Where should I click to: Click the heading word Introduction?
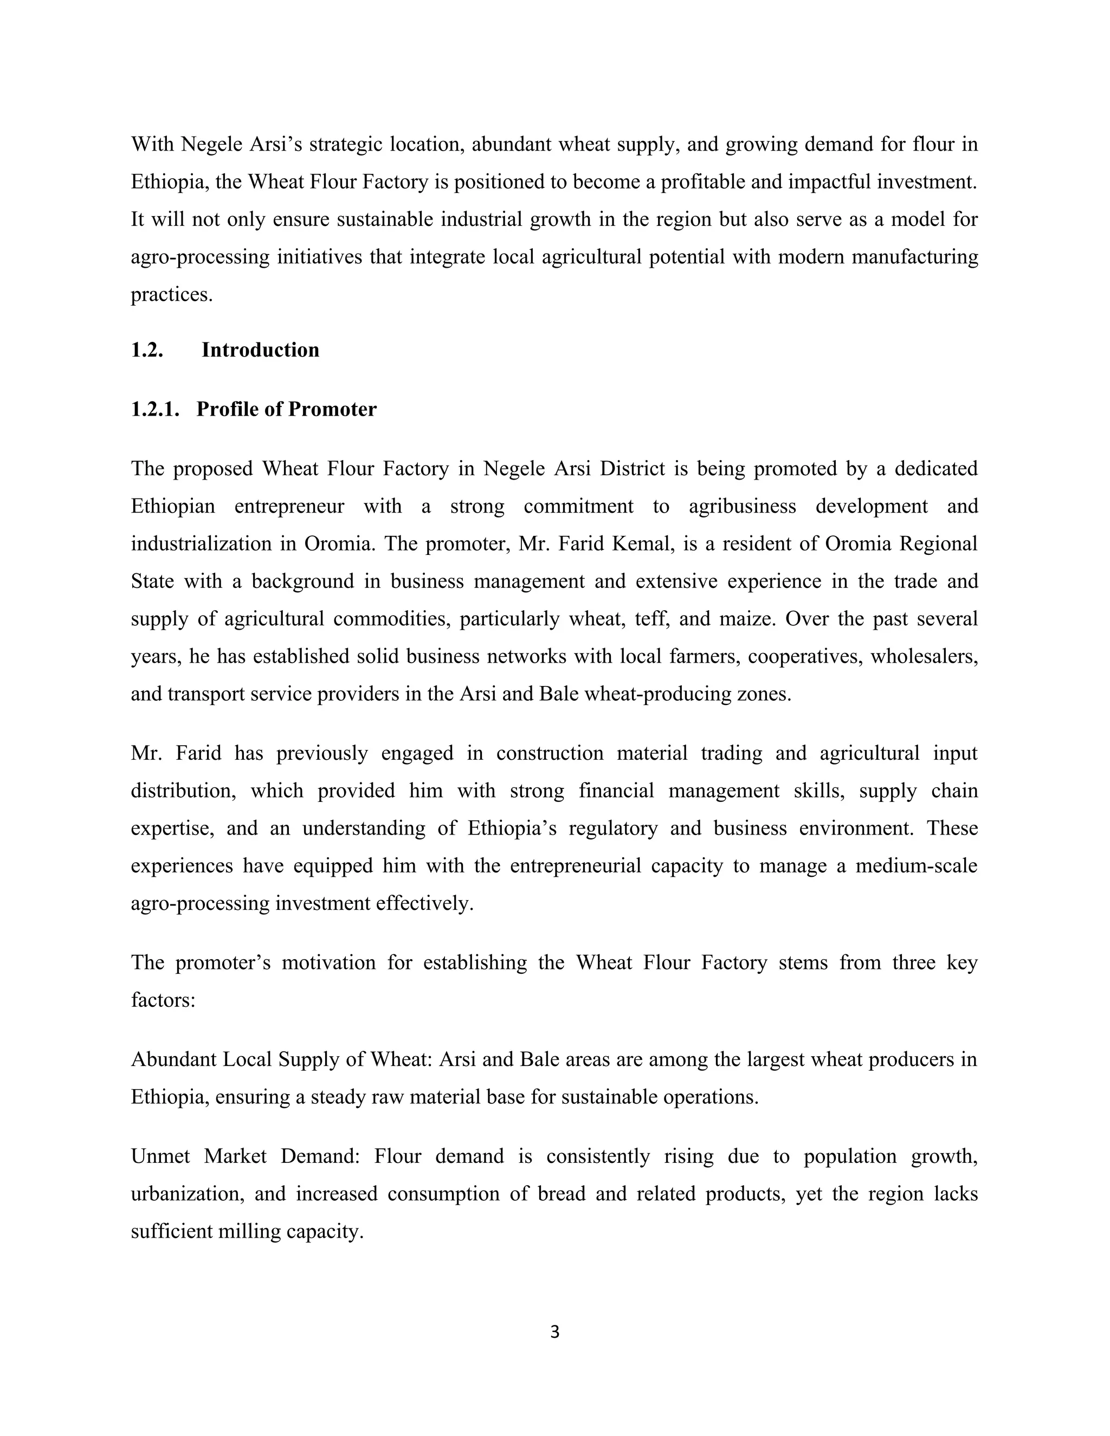pyautogui.click(x=260, y=350)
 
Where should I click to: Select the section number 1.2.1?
pyautogui.click(x=155, y=410)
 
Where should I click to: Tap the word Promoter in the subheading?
pyautogui.click(x=332, y=410)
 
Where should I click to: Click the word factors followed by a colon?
pyautogui.click(x=163, y=1000)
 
